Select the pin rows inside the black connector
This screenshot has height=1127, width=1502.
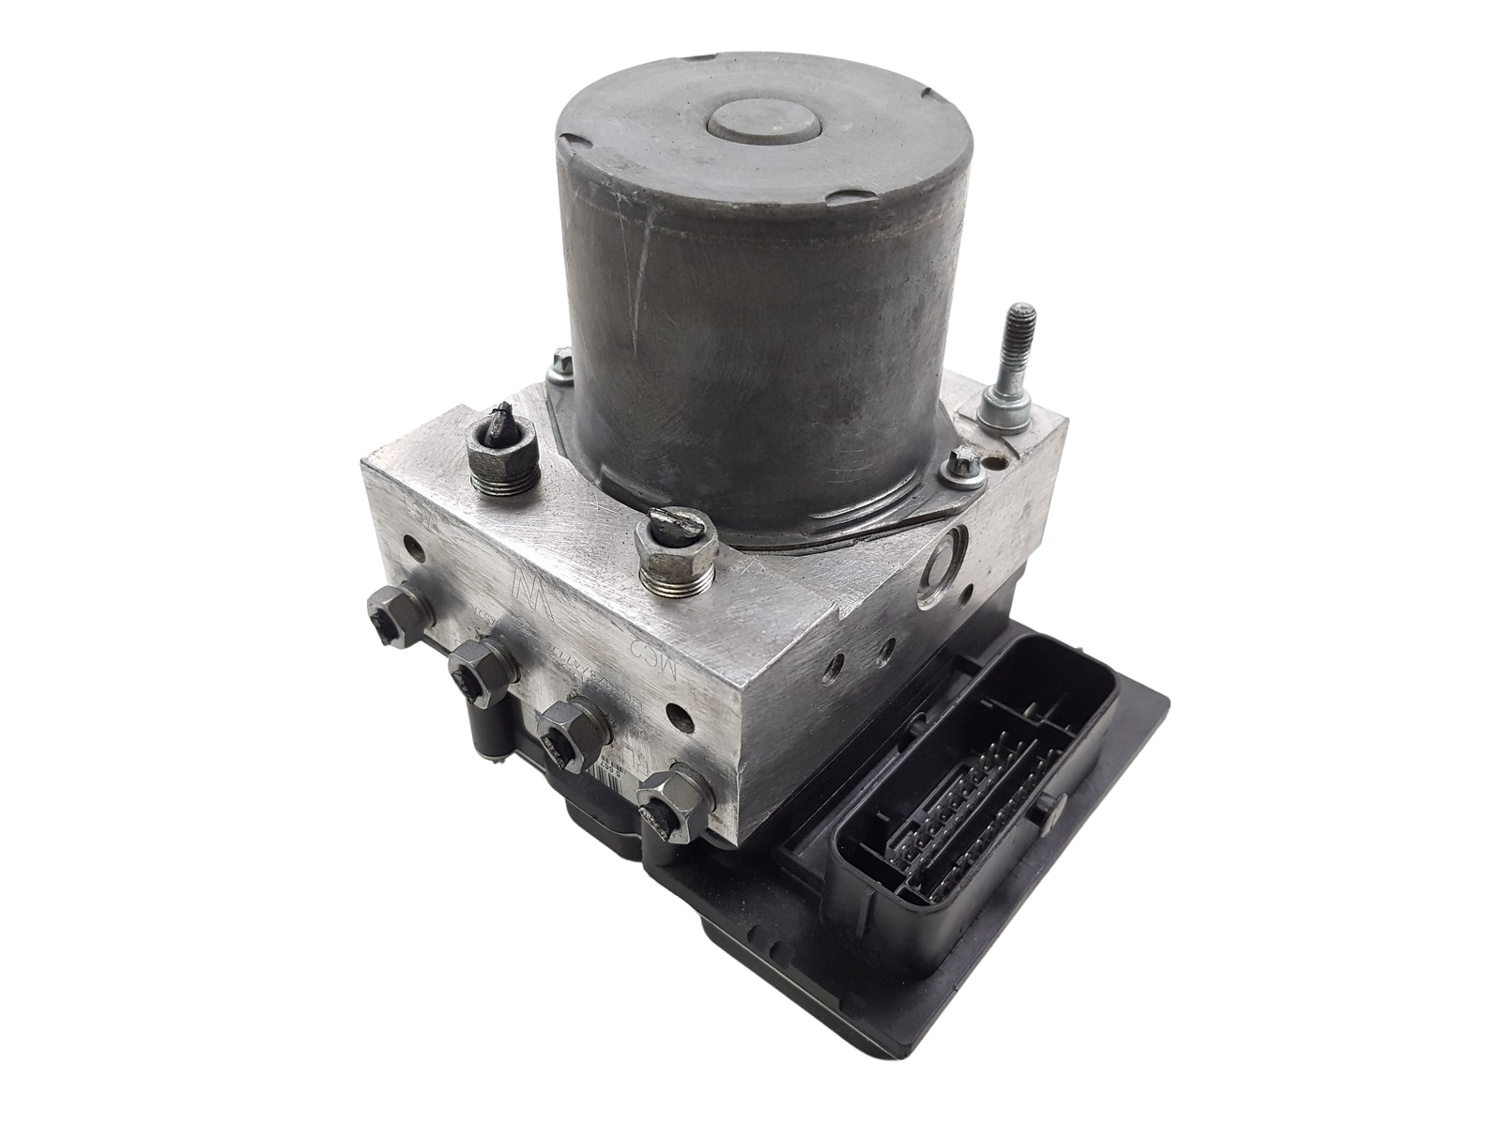point(976,789)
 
